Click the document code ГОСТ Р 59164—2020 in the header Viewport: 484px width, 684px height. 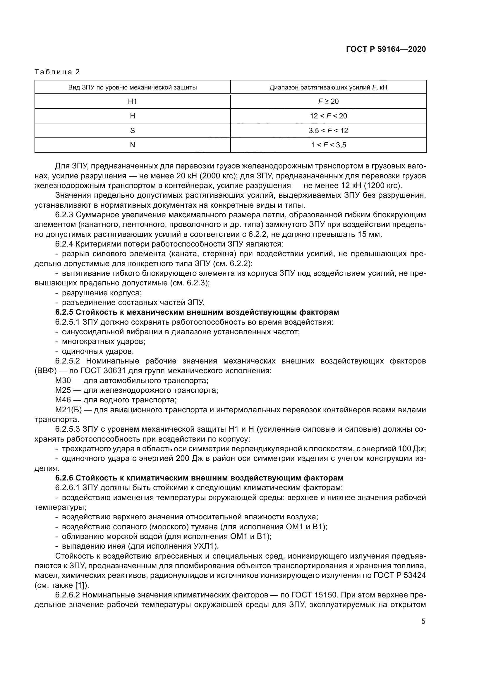(386, 49)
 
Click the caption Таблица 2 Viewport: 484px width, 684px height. (57, 72)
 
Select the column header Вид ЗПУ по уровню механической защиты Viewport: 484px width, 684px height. (132, 87)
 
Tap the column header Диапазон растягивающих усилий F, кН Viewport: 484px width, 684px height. (328, 87)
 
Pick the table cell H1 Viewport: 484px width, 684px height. (132, 101)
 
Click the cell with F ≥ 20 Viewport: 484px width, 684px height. (328, 101)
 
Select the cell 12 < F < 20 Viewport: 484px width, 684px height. (328, 116)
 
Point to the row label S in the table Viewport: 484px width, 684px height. (132, 130)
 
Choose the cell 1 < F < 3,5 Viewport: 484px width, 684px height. (328, 145)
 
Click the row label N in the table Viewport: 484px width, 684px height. (132, 145)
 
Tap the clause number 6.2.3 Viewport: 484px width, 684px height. (64, 215)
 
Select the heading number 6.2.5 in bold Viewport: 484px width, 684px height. (64, 312)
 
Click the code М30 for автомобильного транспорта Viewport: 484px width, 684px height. (63, 380)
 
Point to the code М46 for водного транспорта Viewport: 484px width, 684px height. (63, 400)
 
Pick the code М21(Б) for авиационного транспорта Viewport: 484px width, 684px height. (68, 410)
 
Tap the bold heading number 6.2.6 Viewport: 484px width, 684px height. (64, 478)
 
